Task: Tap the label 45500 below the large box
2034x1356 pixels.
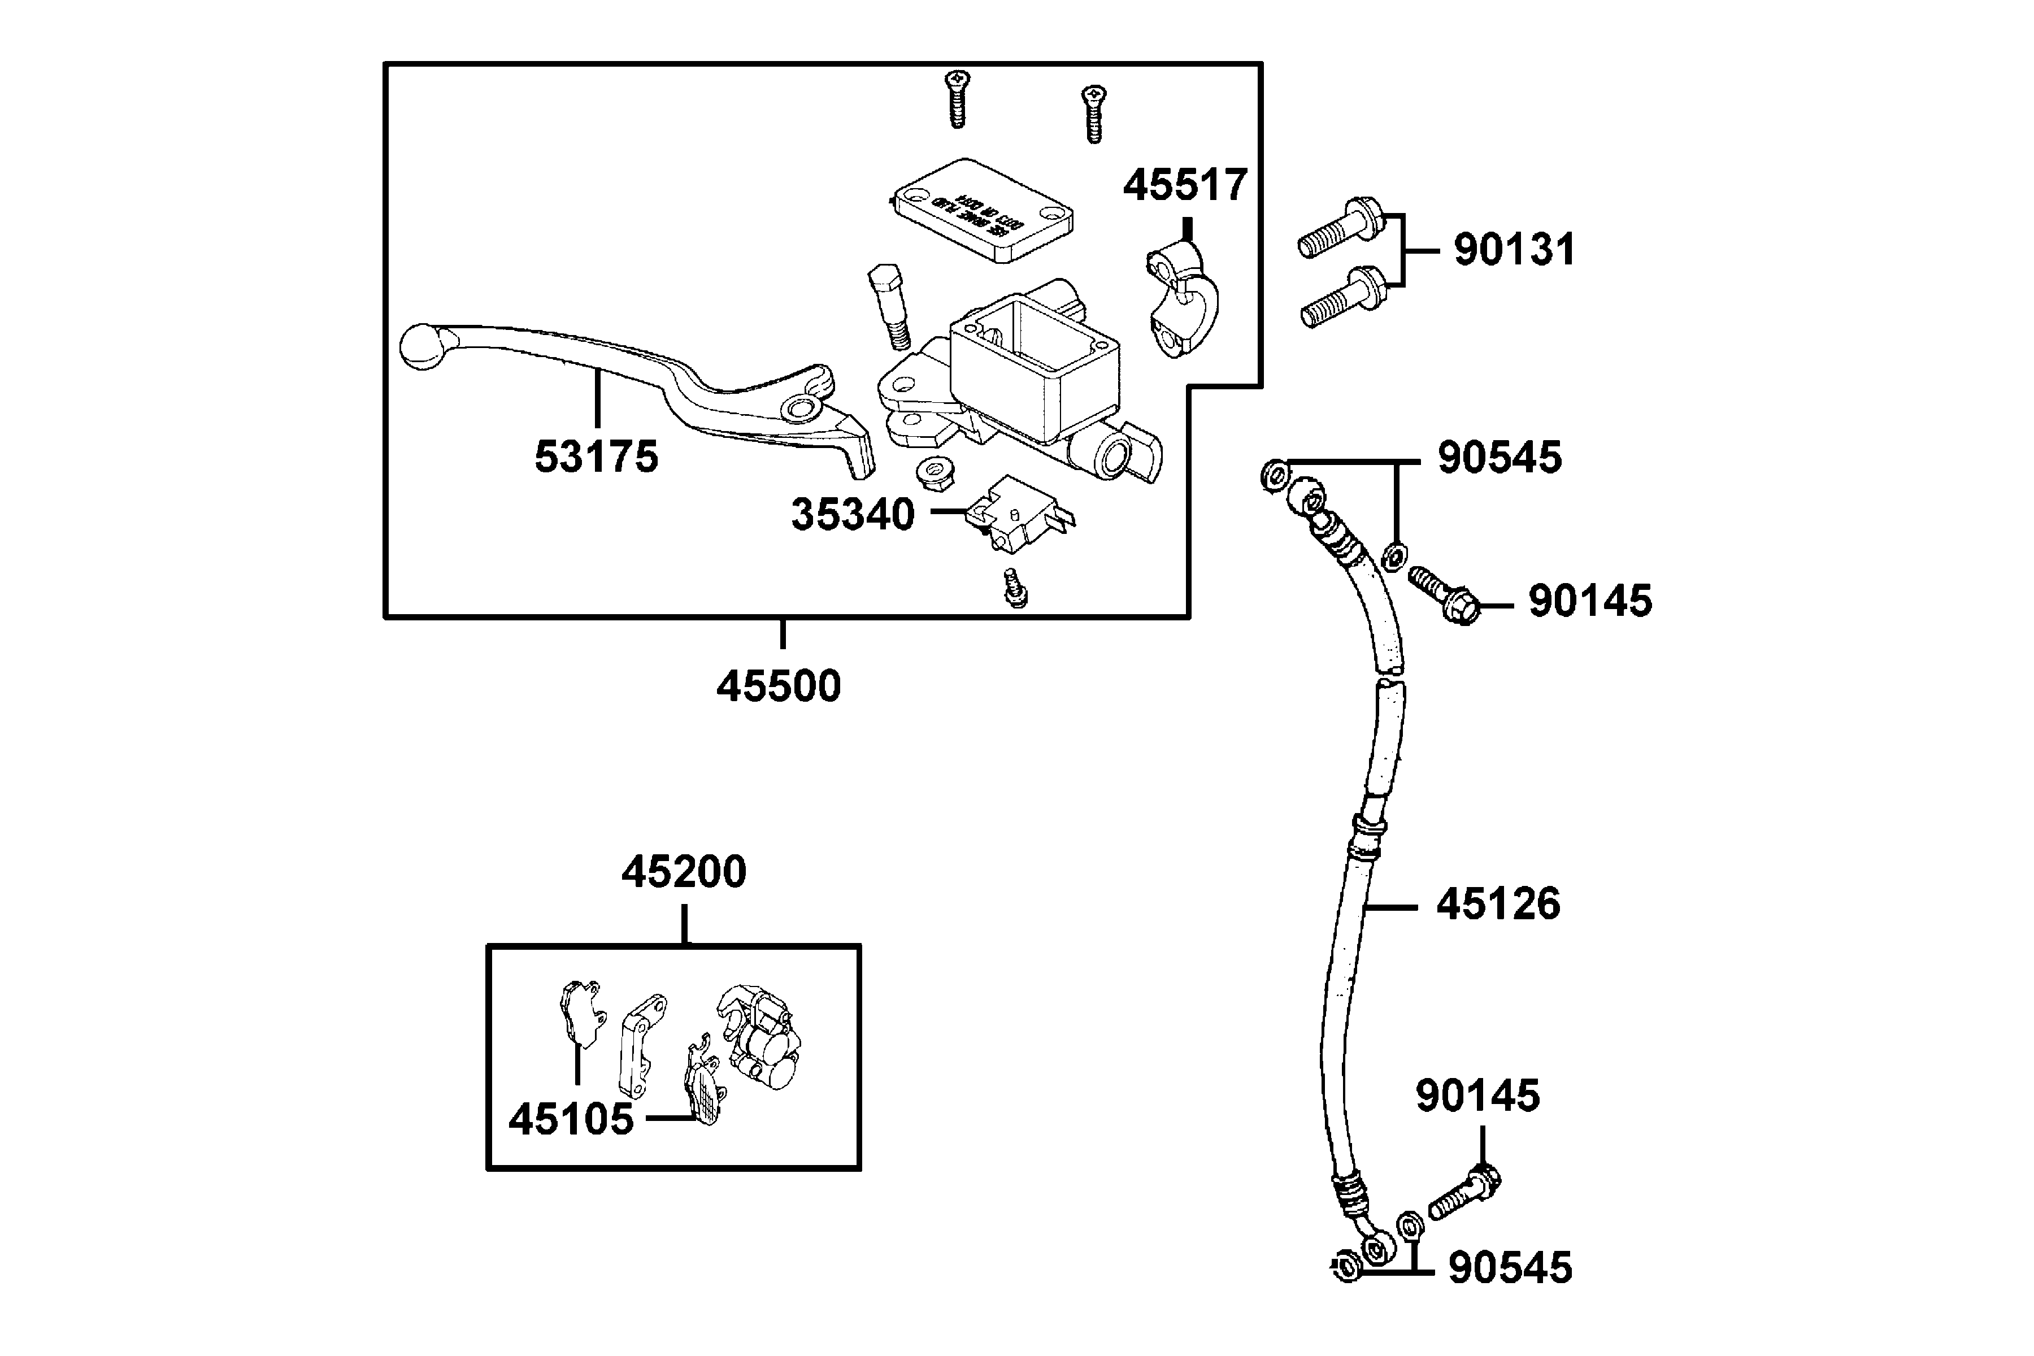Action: (779, 686)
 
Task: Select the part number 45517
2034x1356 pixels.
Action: (1185, 185)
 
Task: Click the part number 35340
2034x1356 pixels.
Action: (853, 515)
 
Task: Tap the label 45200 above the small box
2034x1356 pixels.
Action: (683, 872)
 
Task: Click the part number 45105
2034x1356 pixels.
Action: (571, 1120)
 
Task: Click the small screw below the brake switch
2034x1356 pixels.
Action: (1015, 588)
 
